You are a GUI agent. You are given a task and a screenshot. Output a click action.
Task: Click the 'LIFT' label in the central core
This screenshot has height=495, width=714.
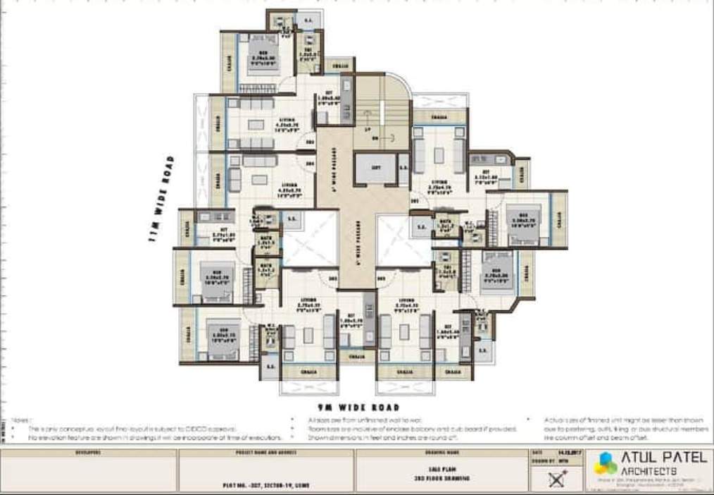click(x=376, y=167)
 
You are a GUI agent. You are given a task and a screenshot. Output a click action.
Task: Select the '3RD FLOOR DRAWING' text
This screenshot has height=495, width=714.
click(x=443, y=478)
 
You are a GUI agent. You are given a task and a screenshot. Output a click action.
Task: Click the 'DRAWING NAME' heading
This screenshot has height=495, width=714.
click(x=443, y=453)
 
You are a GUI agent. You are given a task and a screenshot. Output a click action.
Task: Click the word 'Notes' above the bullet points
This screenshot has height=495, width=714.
click(x=21, y=419)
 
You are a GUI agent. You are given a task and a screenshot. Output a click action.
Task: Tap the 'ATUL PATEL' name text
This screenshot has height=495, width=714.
click(x=663, y=457)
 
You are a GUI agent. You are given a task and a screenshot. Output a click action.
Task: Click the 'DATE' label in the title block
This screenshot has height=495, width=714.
click(x=538, y=453)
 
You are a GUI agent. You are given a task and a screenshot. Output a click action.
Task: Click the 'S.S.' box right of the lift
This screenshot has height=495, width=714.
click(x=404, y=168)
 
